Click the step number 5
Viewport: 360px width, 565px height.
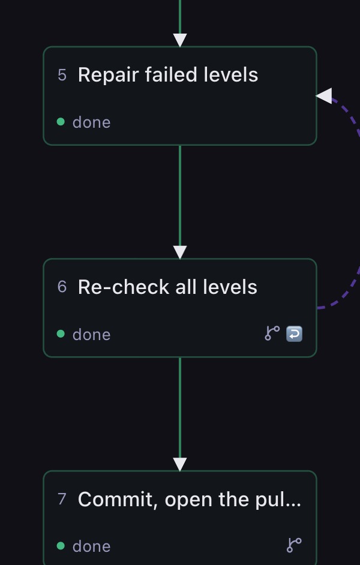(x=62, y=75)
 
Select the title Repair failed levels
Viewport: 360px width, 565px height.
(x=168, y=74)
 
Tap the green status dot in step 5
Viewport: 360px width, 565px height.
(x=61, y=122)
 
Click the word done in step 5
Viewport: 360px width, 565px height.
(x=92, y=122)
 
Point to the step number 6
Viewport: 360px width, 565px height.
(x=62, y=287)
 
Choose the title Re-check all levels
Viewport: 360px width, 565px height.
(x=167, y=287)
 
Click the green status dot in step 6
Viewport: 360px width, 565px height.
(x=61, y=334)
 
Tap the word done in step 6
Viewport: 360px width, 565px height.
(x=92, y=335)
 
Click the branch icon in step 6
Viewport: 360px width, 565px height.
(x=272, y=333)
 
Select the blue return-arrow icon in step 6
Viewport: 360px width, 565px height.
(x=295, y=333)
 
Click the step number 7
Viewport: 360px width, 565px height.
(x=62, y=499)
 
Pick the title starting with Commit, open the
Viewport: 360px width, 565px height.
(x=190, y=500)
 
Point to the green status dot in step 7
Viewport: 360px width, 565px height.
(x=61, y=546)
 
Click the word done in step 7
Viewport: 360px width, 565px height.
(x=92, y=546)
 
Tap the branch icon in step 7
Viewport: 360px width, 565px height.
(x=294, y=545)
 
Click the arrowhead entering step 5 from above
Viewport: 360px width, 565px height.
(x=180, y=40)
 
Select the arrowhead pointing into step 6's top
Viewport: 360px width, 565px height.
(x=180, y=253)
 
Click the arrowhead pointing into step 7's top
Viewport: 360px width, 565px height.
(x=180, y=464)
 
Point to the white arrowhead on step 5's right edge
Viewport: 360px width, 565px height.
(x=325, y=96)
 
